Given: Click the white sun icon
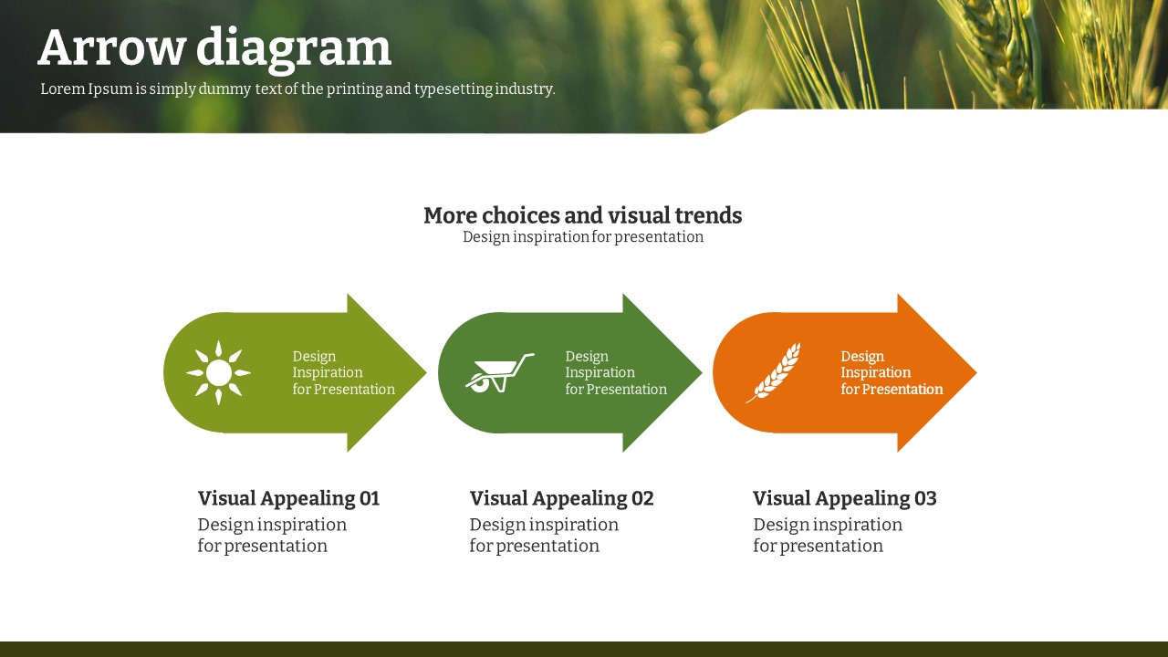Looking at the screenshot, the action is (218, 373).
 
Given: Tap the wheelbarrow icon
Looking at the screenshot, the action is (499, 373).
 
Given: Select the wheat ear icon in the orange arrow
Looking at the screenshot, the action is (774, 372).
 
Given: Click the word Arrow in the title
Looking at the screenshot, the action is (112, 48).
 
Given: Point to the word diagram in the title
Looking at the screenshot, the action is (294, 50).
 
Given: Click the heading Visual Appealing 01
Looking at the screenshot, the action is (288, 499).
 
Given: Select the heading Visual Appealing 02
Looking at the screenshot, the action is (561, 499).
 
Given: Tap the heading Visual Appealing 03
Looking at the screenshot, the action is (845, 499).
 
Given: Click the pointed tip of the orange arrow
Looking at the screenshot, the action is (976, 372).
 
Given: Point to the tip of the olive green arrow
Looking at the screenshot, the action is (426, 372).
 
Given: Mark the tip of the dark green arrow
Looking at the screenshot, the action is (702, 372).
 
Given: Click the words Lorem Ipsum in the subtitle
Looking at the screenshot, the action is (87, 89).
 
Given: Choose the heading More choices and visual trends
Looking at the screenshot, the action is (582, 215).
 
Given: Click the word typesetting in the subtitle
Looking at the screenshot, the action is (454, 89).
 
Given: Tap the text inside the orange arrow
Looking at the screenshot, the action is (892, 373).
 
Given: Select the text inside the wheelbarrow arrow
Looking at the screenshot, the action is (616, 373).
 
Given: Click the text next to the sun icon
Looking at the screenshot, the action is (344, 373).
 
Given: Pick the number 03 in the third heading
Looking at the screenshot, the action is (925, 498).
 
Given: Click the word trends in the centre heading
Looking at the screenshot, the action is (708, 215).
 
